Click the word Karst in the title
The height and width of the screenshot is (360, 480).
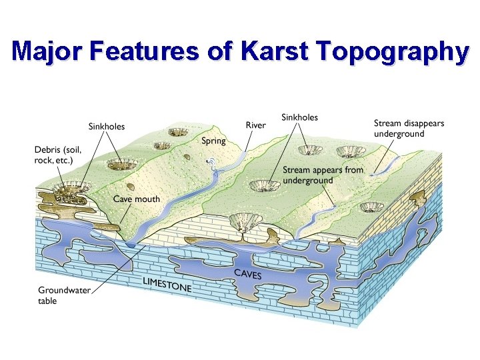point(275,51)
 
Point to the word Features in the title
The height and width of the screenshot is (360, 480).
point(147,51)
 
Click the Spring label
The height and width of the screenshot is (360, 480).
point(213,141)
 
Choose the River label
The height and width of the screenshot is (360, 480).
point(255,125)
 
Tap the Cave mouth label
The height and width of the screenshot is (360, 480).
point(136,199)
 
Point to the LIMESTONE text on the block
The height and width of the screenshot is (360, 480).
point(167,285)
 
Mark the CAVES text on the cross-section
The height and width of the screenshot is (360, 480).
point(247,274)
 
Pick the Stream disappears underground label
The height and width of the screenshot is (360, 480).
point(408,129)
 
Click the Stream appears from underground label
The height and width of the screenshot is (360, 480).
point(323,175)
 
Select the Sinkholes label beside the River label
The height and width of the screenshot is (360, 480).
point(299,117)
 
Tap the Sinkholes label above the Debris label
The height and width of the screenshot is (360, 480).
point(107,126)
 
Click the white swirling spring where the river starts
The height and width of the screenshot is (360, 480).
point(211,161)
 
